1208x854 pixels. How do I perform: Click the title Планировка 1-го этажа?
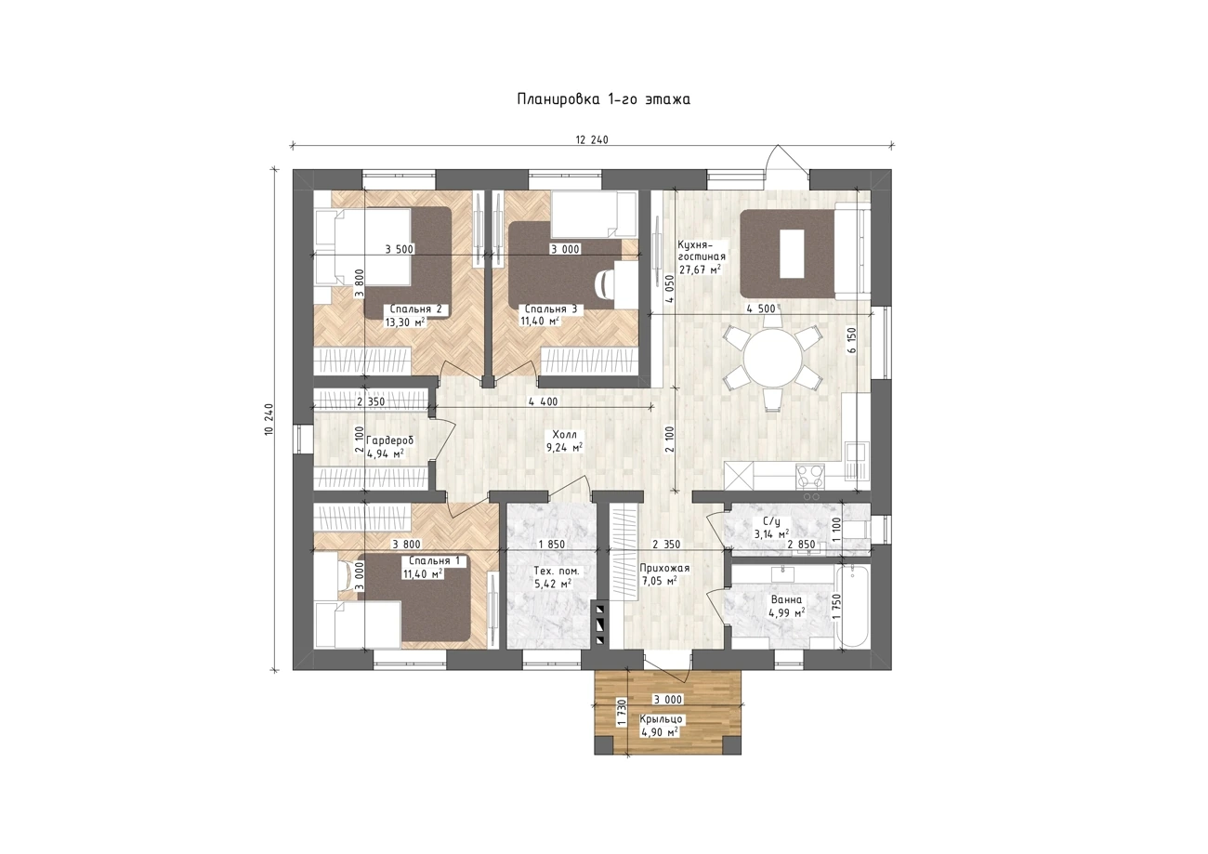point(603,99)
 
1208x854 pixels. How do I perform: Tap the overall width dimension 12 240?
point(592,140)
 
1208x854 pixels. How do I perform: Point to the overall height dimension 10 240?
point(270,419)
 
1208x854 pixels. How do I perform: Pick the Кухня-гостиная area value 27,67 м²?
point(700,269)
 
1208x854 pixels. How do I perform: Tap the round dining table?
point(773,358)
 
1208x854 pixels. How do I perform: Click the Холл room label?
point(564,435)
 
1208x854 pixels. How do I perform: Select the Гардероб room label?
point(390,441)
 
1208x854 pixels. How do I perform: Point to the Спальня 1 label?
point(434,560)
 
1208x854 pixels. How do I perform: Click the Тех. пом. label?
point(557,571)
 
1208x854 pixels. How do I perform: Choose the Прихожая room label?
point(664,569)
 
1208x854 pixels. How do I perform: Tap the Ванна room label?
point(786,599)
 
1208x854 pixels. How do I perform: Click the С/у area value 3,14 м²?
point(771,534)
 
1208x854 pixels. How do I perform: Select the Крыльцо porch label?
point(662,719)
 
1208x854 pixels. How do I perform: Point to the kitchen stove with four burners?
point(810,477)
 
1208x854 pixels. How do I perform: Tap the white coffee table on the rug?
point(792,254)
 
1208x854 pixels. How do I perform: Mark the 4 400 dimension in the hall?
point(543,401)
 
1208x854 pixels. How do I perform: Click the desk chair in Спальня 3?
point(605,283)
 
